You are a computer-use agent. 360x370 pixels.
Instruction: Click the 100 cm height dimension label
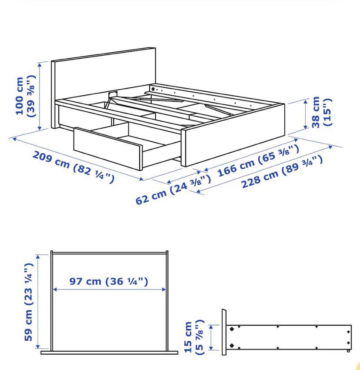click(x=25, y=96)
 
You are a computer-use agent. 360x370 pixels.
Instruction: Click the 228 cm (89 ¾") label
click(x=282, y=172)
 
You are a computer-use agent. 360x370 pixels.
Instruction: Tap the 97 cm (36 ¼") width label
click(x=109, y=281)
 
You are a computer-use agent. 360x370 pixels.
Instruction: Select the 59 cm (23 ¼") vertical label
click(x=29, y=301)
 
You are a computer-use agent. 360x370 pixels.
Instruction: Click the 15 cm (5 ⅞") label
click(x=193, y=337)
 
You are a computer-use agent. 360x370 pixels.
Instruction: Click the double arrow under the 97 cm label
click(x=109, y=289)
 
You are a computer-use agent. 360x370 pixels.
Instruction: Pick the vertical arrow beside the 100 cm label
click(x=40, y=96)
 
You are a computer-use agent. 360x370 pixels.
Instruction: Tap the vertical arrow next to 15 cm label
click(x=212, y=337)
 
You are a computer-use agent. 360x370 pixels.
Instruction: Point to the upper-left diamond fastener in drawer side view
click(x=232, y=329)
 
